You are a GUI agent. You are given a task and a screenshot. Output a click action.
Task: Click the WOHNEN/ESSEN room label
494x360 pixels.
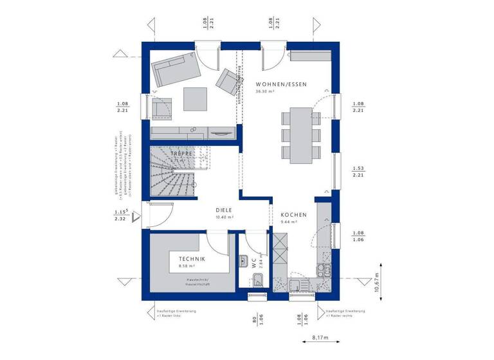tap(281, 85)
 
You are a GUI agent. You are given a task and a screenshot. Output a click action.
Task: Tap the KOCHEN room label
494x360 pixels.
tap(293, 215)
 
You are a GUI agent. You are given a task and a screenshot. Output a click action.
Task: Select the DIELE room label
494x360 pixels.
tap(224, 210)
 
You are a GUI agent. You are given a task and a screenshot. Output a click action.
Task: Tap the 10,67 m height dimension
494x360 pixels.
tap(378, 280)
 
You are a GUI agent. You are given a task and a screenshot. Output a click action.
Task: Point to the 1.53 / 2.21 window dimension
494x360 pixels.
tap(358, 171)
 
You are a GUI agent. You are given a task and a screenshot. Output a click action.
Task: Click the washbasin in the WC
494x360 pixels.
tap(244, 260)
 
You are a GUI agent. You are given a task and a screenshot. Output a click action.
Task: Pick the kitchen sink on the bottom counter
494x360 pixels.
tap(297, 285)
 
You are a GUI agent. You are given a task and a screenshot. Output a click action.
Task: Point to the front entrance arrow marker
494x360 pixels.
tap(136, 217)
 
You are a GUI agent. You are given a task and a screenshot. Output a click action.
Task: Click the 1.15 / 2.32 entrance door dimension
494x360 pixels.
tap(120, 215)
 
